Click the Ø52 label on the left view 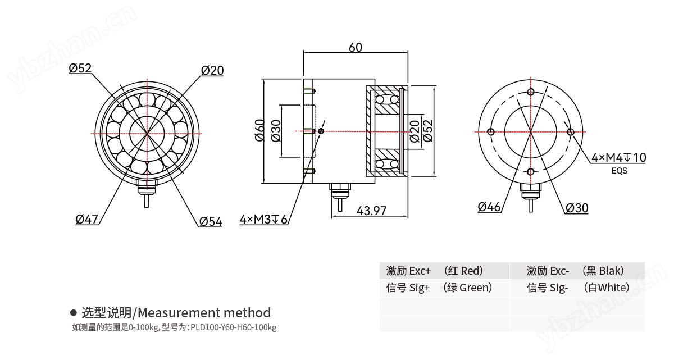80,69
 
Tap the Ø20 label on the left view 212,70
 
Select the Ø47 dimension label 87,219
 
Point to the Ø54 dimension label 211,222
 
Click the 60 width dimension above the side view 356,47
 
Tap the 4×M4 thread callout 618,158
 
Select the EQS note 619,171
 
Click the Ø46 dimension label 489,207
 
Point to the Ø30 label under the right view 577,208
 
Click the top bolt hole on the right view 531,92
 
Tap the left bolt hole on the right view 491,132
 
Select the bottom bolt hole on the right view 531,172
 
